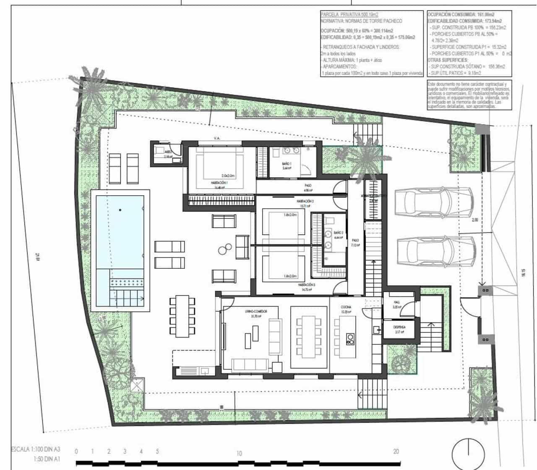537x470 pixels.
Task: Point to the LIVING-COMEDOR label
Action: pos(256,311)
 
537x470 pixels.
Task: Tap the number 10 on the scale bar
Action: pos(239,453)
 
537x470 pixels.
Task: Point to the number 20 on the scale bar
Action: pos(396,452)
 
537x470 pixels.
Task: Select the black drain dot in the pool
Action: pos(120,210)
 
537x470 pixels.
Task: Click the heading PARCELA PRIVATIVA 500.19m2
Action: pos(349,14)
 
